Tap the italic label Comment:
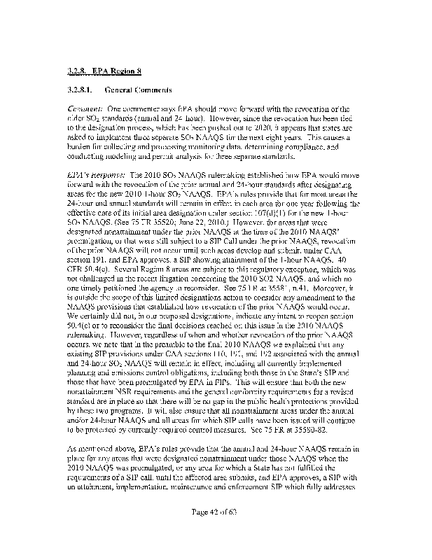[x=84, y=109]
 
